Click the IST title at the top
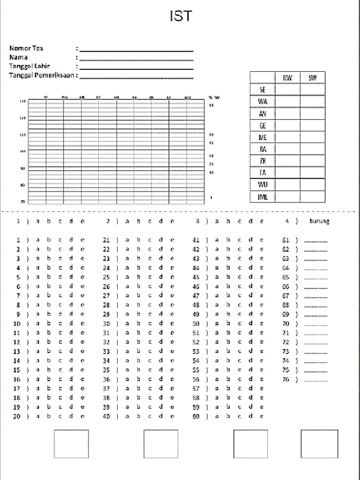[180, 16]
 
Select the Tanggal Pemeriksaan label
[42, 75]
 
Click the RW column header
[287, 78]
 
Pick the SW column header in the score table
[312, 78]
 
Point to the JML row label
[262, 197]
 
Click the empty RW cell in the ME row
[287, 137]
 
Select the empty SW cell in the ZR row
[312, 161]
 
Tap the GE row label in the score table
[262, 126]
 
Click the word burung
[319, 221]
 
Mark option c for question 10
[60, 323]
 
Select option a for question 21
[127, 240]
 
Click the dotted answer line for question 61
[315, 240]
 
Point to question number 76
[285, 379]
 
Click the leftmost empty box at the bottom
[71, 444]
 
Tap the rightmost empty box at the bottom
[319, 444]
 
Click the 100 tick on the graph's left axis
[22, 151]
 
